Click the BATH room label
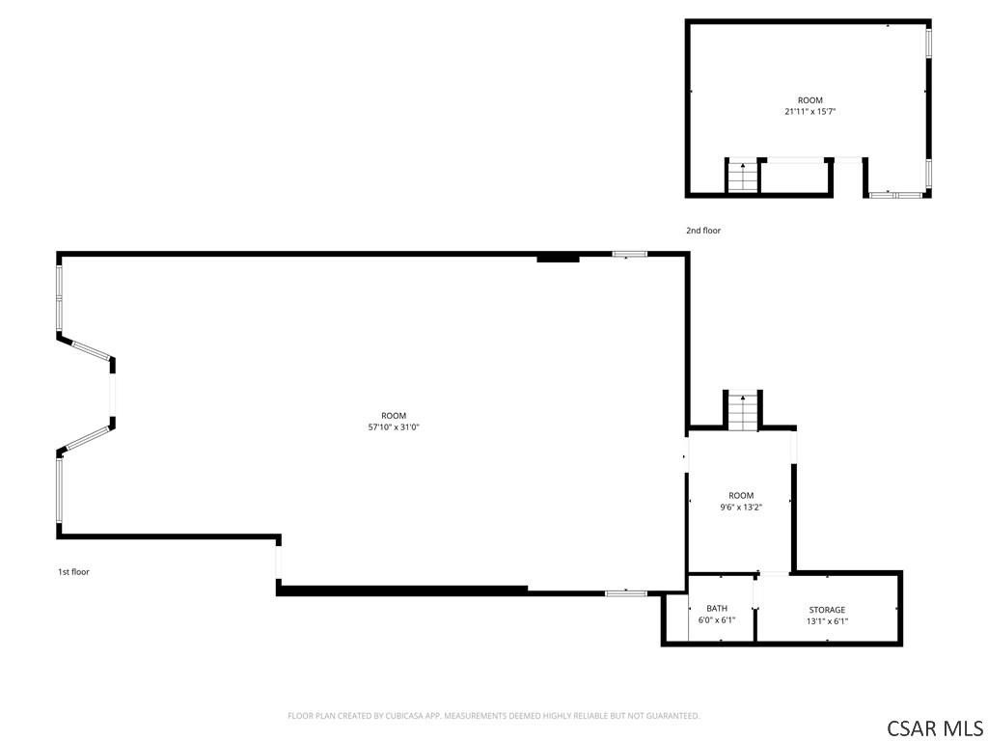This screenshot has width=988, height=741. (717, 608)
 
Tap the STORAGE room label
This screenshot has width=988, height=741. (827, 610)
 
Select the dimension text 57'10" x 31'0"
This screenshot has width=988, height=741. (394, 427)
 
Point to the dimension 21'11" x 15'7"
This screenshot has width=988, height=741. (810, 112)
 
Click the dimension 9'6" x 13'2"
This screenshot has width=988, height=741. (741, 507)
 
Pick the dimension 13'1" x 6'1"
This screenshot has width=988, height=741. (827, 621)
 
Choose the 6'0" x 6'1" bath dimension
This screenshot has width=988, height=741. (717, 620)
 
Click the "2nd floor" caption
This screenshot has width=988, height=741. (703, 231)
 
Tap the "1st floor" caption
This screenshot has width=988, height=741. (73, 572)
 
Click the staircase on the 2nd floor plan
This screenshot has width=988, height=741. (743, 177)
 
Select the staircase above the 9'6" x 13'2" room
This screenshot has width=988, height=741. (743, 412)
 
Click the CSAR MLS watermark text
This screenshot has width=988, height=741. (934, 728)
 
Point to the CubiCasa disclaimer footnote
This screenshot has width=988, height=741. (494, 716)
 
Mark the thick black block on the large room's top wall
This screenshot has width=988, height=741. (558, 258)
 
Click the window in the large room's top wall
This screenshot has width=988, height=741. (629, 255)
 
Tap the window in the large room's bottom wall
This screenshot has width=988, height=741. (625, 593)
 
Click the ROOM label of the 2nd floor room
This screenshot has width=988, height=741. (810, 100)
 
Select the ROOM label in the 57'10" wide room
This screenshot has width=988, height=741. (394, 416)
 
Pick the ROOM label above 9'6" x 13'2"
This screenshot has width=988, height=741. (741, 495)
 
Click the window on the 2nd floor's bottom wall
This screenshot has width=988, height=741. (896, 195)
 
